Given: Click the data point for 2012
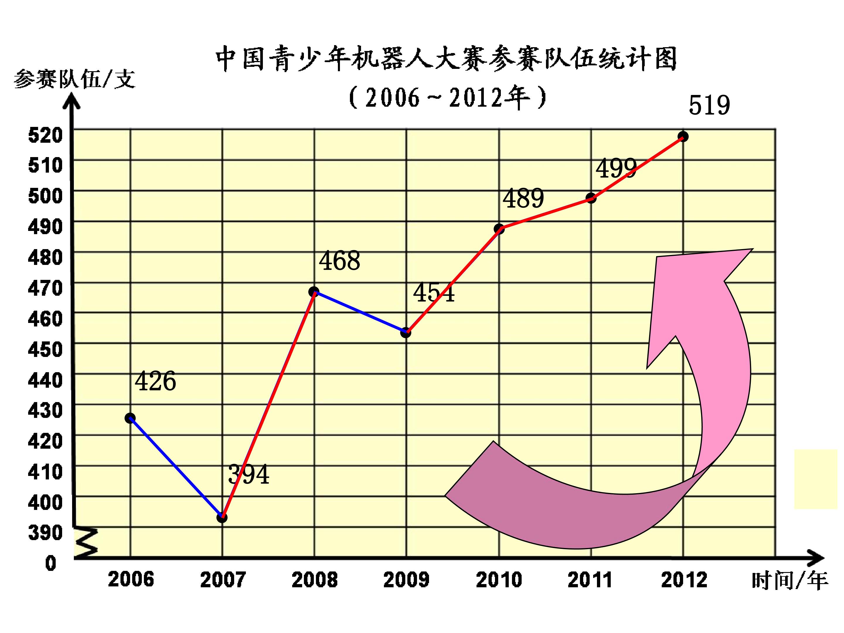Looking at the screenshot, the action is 683,137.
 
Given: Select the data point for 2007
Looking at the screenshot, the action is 222,518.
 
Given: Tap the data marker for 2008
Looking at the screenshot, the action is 314,292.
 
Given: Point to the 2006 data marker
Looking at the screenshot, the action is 130,418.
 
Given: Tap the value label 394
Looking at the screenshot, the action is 249,474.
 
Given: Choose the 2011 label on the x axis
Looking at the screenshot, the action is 590,580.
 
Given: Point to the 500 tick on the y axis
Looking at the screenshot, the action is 45,196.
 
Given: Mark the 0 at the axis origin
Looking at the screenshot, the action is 51,563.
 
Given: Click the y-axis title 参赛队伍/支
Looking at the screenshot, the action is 74,79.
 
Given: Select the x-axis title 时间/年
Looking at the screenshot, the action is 790,581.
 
